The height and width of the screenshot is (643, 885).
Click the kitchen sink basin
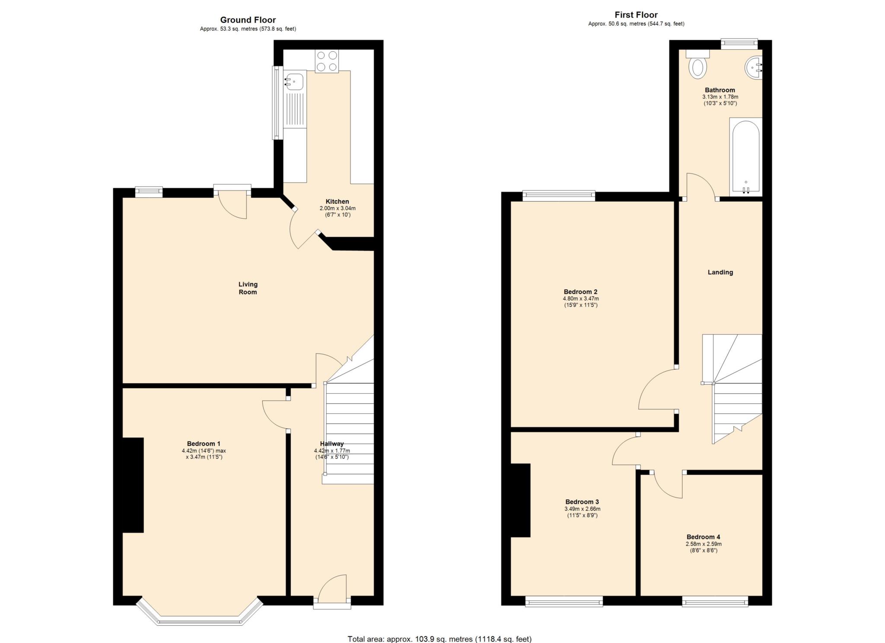click(294, 82)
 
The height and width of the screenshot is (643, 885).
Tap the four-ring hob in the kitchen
click(327, 61)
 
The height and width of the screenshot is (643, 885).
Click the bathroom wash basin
click(754, 68)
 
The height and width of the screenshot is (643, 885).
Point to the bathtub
click(746, 157)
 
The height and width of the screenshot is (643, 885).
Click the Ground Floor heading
click(248, 20)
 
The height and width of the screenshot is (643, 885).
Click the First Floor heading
click(636, 15)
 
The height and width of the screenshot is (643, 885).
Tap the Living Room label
click(248, 288)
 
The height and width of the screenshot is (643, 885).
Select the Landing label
click(720, 272)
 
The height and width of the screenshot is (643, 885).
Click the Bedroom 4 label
click(704, 537)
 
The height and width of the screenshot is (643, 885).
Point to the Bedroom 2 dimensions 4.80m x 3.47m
click(581, 298)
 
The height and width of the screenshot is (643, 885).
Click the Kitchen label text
click(337, 202)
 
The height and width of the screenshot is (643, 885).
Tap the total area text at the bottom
click(439, 639)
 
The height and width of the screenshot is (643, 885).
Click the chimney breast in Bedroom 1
click(133, 485)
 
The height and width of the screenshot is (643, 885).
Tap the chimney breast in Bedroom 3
click(521, 500)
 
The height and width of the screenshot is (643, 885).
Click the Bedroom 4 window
click(715, 601)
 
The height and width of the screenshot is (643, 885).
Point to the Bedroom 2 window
click(559, 196)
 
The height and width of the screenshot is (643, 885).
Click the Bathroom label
click(720, 90)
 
